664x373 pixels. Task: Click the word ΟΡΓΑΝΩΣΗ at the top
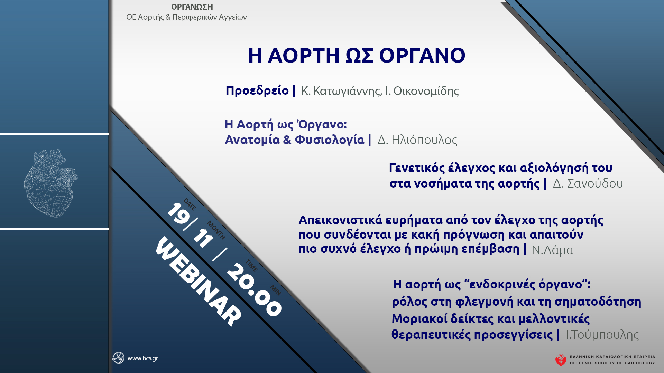click(192, 7)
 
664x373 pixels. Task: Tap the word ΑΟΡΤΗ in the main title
click(304, 55)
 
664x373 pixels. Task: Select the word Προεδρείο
click(257, 90)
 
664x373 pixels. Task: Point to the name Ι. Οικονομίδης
click(422, 91)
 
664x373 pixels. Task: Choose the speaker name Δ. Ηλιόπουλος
click(417, 140)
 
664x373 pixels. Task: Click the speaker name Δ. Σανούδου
click(588, 183)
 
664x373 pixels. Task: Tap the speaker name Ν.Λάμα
click(552, 250)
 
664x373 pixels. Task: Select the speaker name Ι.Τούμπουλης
click(602, 335)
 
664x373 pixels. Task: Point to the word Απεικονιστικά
click(340, 220)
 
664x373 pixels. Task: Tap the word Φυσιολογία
click(330, 140)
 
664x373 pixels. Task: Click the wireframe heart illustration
click(50, 183)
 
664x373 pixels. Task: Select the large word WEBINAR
click(198, 281)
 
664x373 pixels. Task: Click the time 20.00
click(254, 289)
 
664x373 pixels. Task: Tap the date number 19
click(178, 214)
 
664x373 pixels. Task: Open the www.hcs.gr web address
click(142, 358)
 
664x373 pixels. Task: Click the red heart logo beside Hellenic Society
click(561, 360)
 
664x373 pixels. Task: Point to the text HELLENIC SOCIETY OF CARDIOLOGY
click(612, 363)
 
